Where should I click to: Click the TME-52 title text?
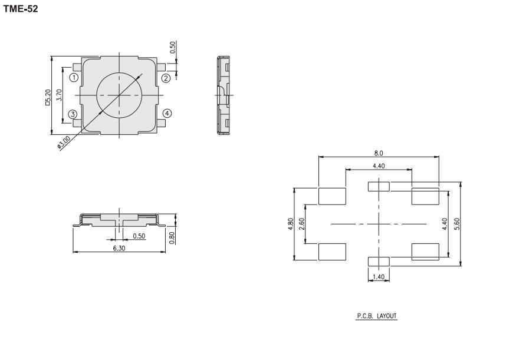click(x=20, y=9)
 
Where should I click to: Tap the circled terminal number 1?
click(x=74, y=77)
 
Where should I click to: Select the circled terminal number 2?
click(x=166, y=78)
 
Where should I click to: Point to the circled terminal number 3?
click(x=73, y=114)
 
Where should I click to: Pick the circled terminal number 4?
click(x=167, y=114)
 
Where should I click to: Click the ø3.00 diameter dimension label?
click(x=64, y=143)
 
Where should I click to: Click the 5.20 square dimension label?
click(x=48, y=98)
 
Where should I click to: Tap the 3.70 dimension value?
click(x=59, y=95)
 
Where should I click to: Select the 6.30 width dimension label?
click(x=119, y=248)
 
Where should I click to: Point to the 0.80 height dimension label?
click(x=172, y=238)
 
